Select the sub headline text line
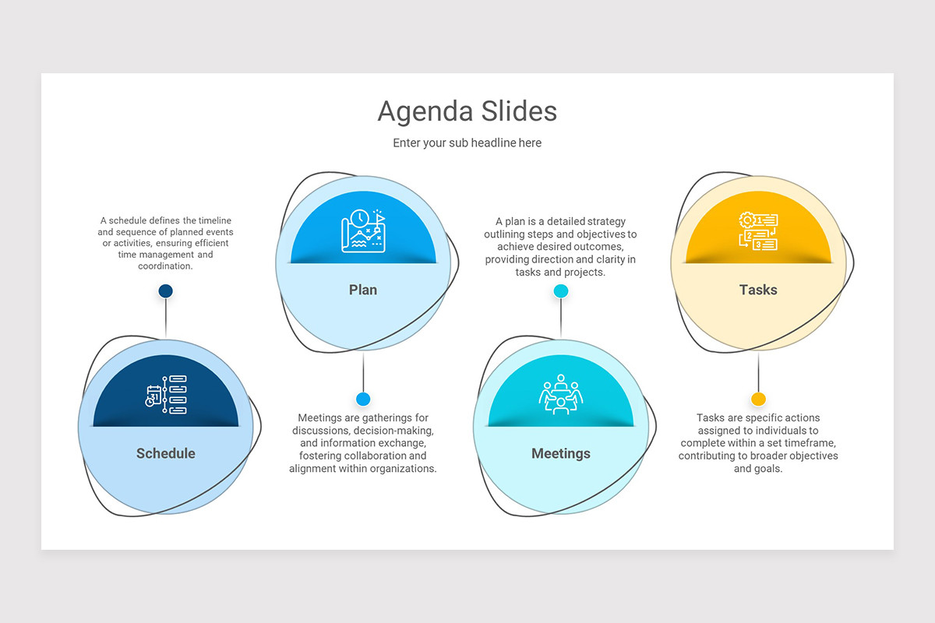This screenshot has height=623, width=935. point(467,143)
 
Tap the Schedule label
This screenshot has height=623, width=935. point(166,453)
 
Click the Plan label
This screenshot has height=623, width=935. point(363,290)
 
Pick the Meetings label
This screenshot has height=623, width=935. point(561,453)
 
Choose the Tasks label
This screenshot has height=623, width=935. point(758,290)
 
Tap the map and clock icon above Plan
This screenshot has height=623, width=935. point(363,231)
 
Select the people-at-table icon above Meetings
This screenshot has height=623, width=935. point(561,395)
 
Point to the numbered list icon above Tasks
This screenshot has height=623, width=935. point(758,231)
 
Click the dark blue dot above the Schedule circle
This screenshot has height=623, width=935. point(165,291)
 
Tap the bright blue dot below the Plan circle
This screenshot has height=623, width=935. point(363,399)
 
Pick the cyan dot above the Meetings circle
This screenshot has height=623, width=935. point(561,291)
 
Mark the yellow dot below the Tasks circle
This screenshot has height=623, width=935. point(758,399)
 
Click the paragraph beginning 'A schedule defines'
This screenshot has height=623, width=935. point(165,243)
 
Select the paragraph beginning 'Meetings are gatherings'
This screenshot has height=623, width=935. point(363,443)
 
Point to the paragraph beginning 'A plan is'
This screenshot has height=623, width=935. point(560,247)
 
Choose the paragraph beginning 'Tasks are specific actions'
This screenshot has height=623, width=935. point(758,443)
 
